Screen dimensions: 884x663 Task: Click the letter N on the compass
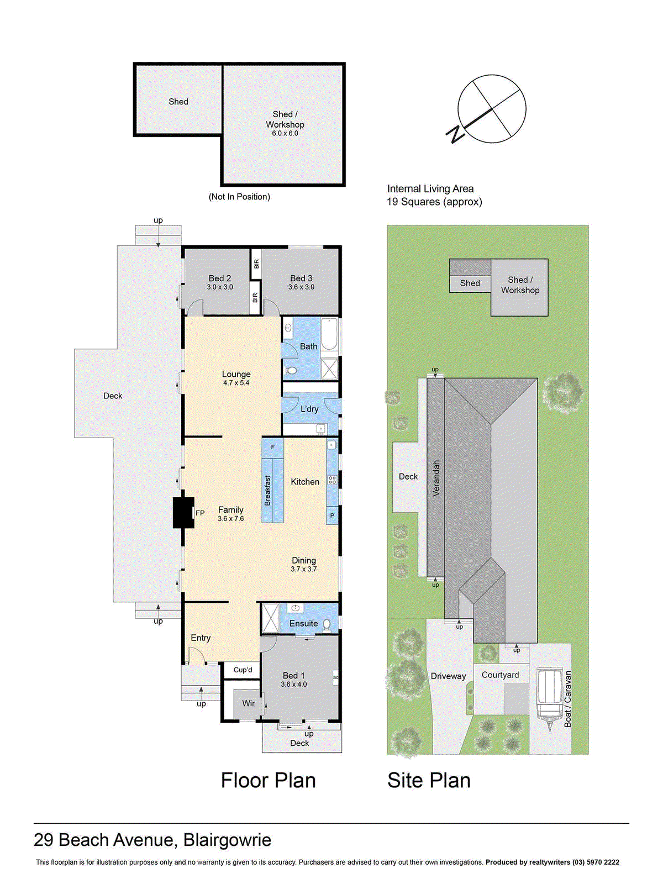coord(455,134)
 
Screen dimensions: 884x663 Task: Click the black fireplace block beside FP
coord(183,513)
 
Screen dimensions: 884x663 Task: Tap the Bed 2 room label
coord(220,278)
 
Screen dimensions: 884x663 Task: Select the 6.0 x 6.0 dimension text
coord(285,134)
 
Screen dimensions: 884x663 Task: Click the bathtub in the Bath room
coord(329,335)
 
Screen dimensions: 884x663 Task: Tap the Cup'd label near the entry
coord(243,670)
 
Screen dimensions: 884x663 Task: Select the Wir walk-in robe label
coord(248,703)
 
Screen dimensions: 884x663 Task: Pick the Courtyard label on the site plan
coord(500,675)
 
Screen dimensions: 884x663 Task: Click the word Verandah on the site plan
coord(436,478)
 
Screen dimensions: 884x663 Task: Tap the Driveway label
coord(448,676)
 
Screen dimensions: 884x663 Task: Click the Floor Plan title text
coord(268,780)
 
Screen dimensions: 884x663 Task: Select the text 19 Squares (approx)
coord(434,202)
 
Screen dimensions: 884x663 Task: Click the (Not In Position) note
coord(239,197)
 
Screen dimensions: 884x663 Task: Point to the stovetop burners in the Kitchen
coord(332,480)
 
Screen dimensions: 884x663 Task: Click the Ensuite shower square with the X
coord(271,618)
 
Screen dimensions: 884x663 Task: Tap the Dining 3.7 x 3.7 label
coord(304,564)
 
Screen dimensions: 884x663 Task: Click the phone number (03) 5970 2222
coord(596,862)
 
